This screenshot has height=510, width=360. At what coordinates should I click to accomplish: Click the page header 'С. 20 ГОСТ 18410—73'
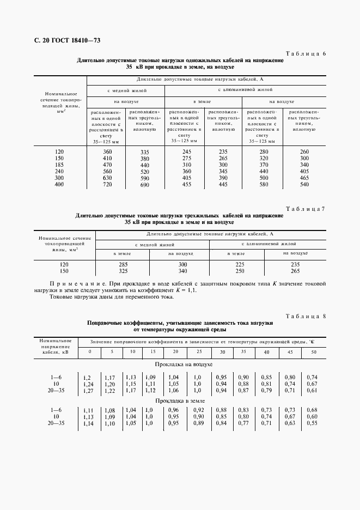(63, 40)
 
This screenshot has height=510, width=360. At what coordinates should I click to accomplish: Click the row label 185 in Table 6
(60, 165)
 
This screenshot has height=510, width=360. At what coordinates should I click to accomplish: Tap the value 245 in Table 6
(187, 151)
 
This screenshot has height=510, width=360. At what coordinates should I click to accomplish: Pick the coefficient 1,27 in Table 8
(87, 391)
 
